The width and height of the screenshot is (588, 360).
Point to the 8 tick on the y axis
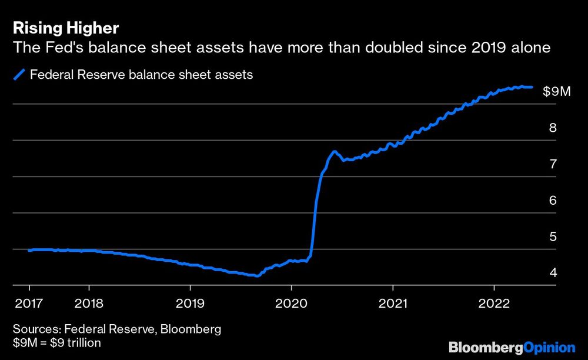coord(552,128)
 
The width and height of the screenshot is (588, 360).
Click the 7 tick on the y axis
coord(552,164)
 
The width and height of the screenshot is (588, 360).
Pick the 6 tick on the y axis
coord(552,201)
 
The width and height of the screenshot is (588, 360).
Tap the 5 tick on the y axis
coord(552,237)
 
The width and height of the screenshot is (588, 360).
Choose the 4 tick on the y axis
coord(552,273)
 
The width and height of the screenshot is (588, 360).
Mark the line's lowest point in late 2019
coord(256,275)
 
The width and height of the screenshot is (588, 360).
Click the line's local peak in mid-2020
coord(335,151)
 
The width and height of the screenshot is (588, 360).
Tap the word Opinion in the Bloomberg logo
coord(550,347)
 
